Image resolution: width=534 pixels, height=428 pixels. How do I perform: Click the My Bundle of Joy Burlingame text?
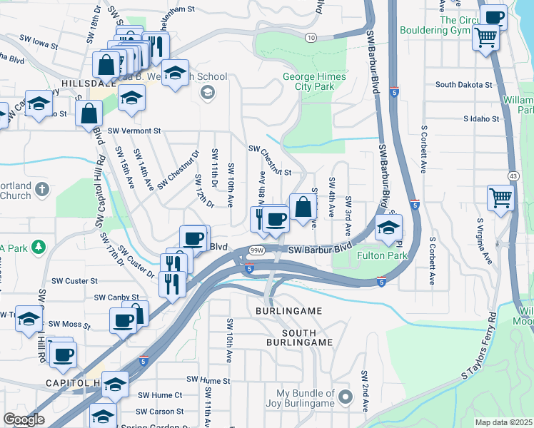point(305,398)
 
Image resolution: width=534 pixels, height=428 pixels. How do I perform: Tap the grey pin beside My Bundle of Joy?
point(346,397)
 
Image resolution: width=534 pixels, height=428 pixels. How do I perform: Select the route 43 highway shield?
point(513,175)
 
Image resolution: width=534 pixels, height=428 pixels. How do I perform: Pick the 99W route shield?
point(257,250)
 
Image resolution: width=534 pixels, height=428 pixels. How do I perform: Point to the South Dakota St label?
point(464,84)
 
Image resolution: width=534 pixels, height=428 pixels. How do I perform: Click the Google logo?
point(24,419)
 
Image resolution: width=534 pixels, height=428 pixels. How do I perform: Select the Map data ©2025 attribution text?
point(503,422)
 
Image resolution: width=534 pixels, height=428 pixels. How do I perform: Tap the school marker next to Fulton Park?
point(388,228)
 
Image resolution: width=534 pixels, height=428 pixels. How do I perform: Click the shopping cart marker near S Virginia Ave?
point(500,198)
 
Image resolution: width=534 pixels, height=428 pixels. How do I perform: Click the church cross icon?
point(42,189)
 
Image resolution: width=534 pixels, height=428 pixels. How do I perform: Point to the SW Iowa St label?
point(37,41)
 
